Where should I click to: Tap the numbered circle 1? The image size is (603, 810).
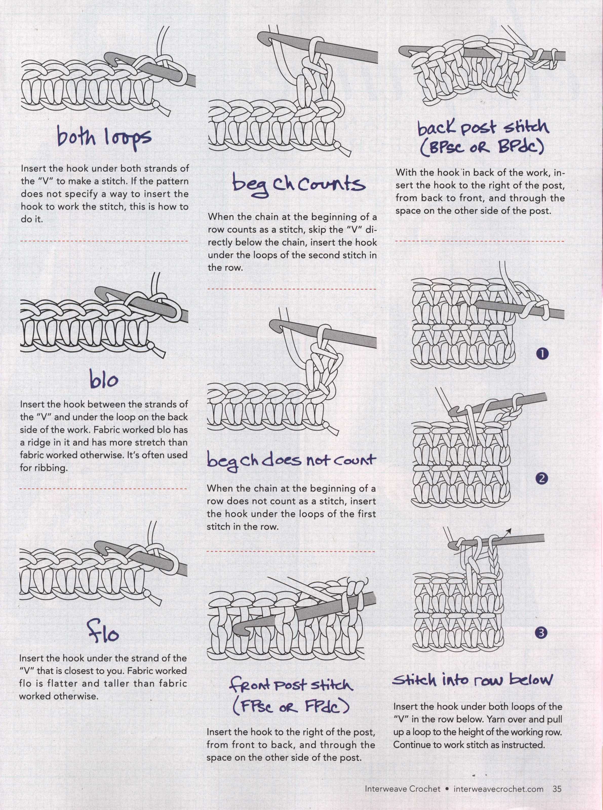pos(543,353)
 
